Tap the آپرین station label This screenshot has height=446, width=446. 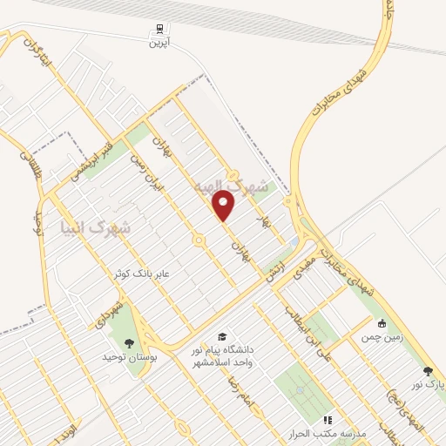157,42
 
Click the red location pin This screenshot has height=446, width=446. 225,206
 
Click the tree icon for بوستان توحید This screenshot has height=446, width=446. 130,342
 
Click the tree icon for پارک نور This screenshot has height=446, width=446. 428,372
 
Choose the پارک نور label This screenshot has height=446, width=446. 428,384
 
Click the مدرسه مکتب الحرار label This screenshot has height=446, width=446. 333,433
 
